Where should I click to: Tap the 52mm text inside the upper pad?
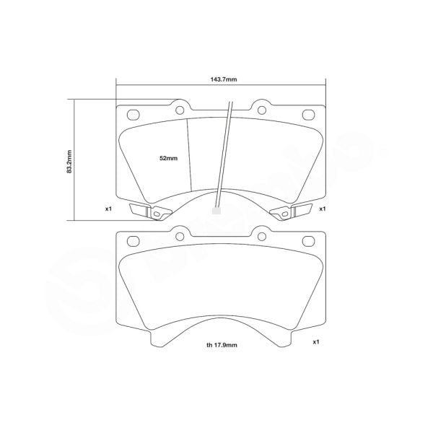pos(167,157)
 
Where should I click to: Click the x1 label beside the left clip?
pos(108,209)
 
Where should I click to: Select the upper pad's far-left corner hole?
pos(132,113)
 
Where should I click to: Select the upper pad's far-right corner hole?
pos(308,113)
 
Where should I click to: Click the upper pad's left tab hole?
pos(179,110)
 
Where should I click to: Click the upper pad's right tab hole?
pos(260,110)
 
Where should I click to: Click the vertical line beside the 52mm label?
pos(189,155)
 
